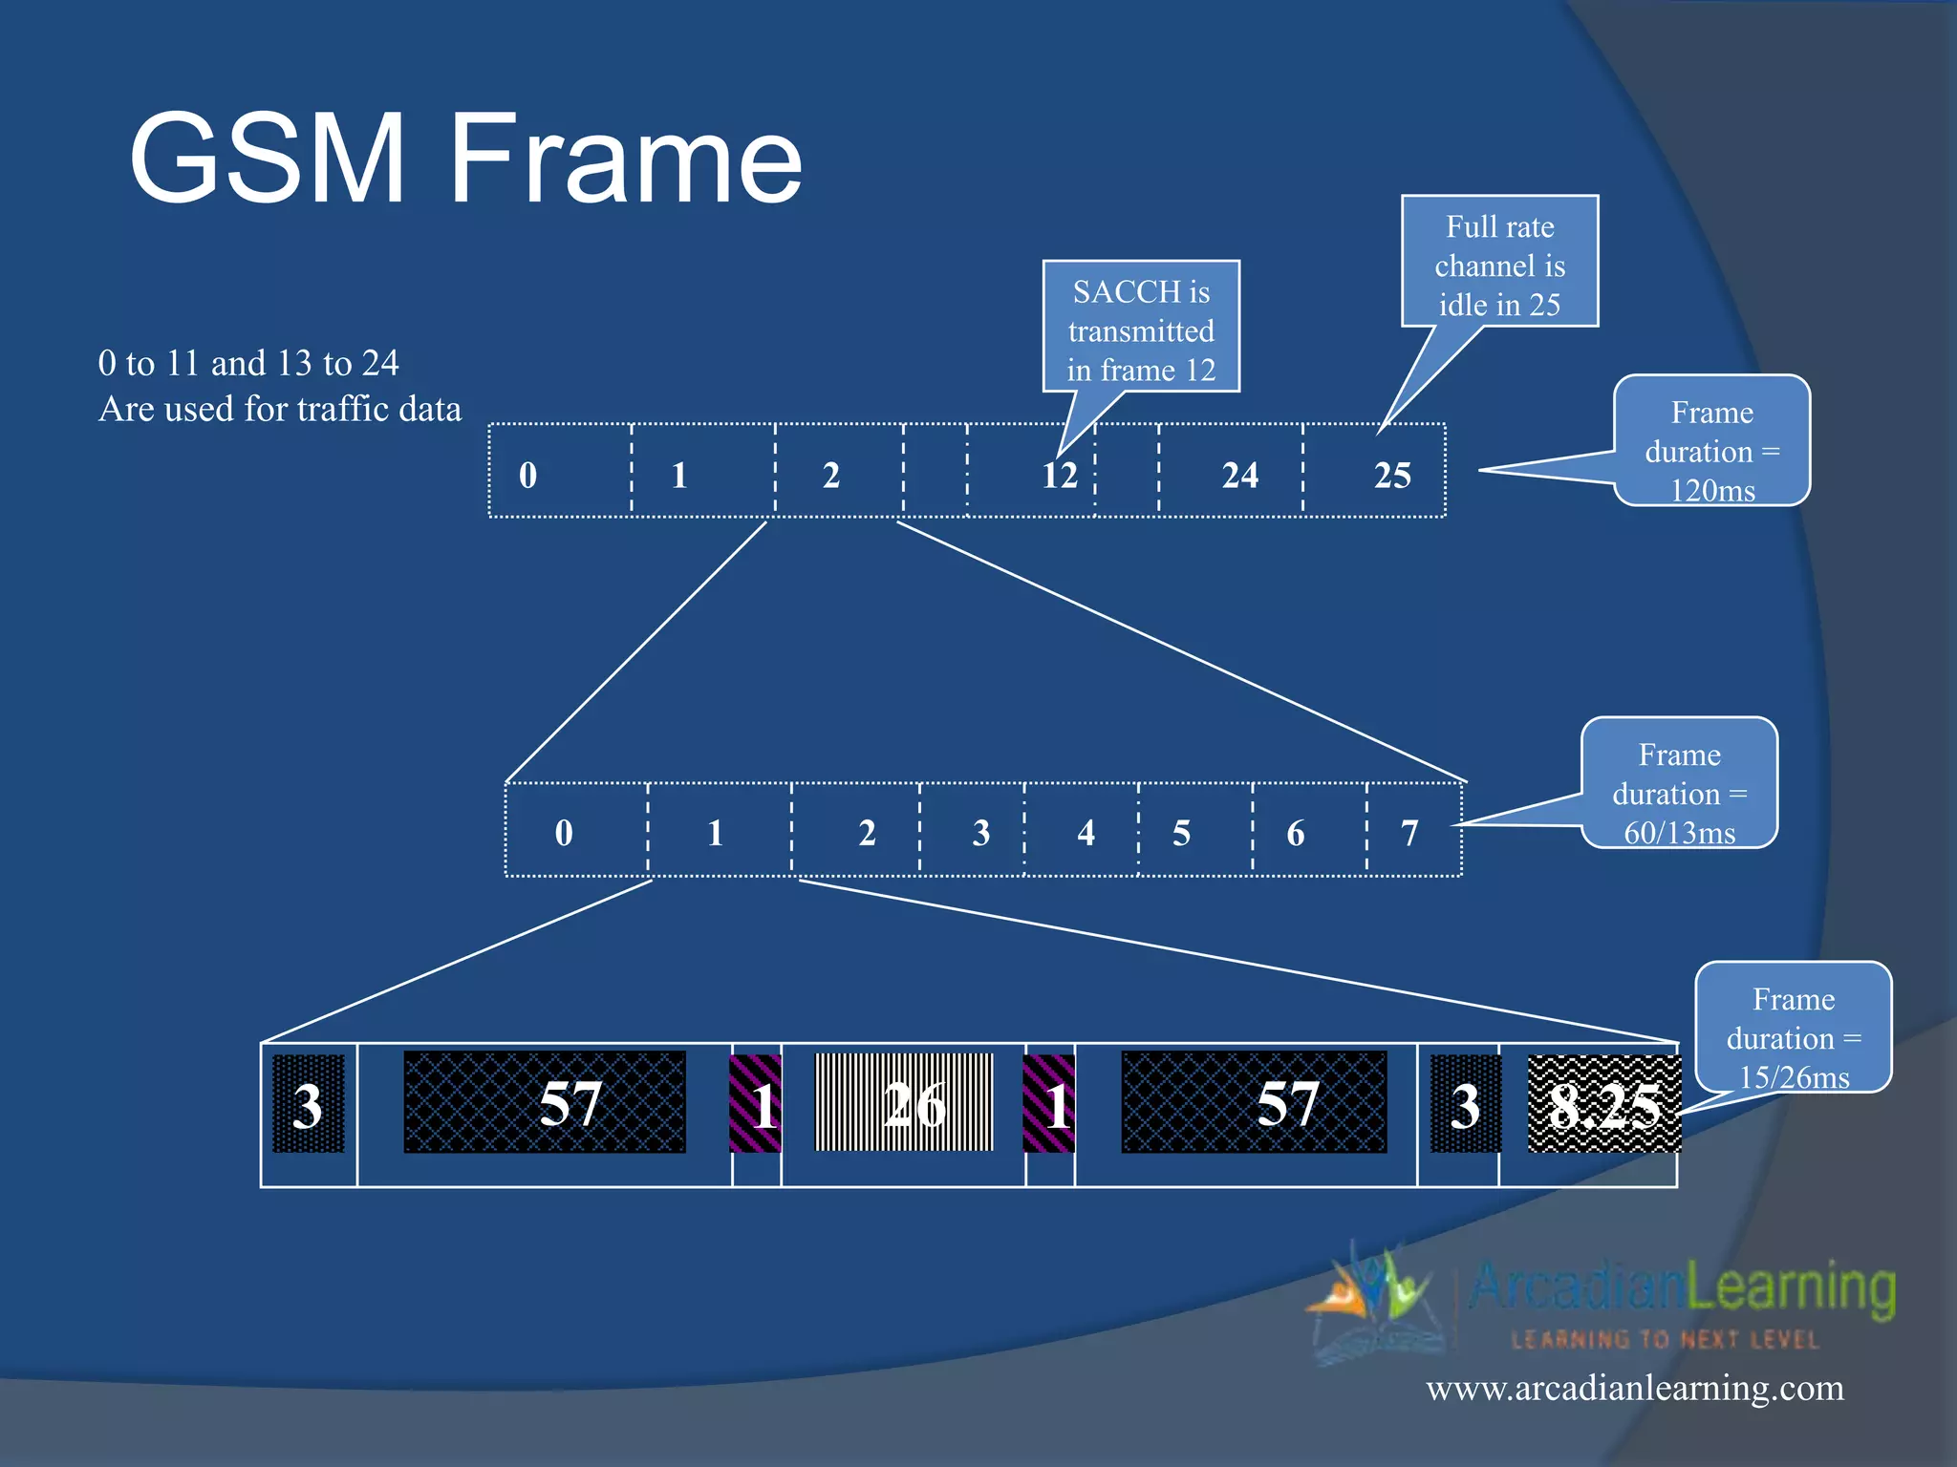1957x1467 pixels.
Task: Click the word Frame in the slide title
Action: [x=626, y=159]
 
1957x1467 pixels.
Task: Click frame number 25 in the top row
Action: [x=1391, y=475]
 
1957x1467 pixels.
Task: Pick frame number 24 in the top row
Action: [x=1239, y=475]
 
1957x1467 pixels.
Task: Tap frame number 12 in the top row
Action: [x=1059, y=475]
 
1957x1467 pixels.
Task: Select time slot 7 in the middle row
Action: [x=1409, y=833]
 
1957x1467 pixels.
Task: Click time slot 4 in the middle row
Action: [x=1086, y=833]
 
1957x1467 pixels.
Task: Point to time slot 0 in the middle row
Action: [x=564, y=833]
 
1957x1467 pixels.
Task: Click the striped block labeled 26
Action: [x=905, y=1104]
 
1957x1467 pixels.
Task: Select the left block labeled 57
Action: [x=546, y=1103]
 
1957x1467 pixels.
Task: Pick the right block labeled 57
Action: [x=1255, y=1103]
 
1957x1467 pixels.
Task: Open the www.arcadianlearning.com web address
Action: [x=1634, y=1387]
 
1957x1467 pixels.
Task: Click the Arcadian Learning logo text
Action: [x=1682, y=1287]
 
